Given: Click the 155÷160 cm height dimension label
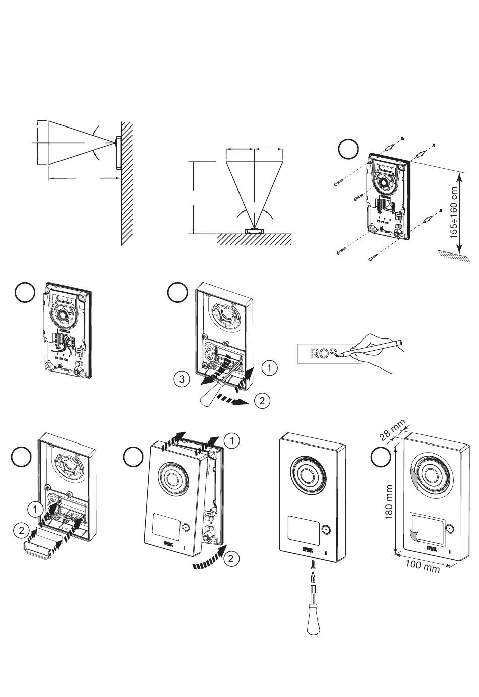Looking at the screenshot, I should pyautogui.click(x=455, y=213).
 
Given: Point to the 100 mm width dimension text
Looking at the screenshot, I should pyautogui.click(x=423, y=566).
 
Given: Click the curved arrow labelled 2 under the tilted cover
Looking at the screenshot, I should pyautogui.click(x=208, y=562).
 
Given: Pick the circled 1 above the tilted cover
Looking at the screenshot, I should pyautogui.click(x=231, y=441).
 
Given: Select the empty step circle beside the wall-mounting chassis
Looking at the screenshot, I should pyautogui.click(x=348, y=149).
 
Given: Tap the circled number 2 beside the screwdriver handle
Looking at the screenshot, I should pyautogui.click(x=262, y=401).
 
